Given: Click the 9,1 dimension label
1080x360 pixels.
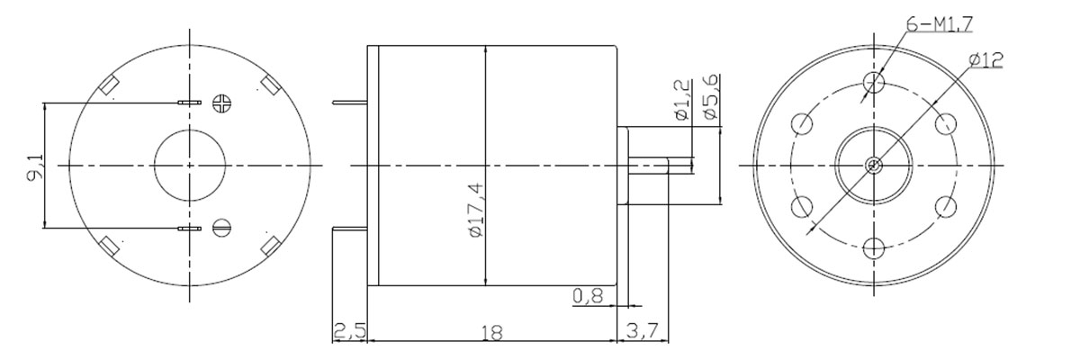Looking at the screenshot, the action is click(x=35, y=166).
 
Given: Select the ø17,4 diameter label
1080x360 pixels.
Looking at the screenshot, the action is click(x=476, y=210).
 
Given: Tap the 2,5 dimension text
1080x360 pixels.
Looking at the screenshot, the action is click(x=349, y=331).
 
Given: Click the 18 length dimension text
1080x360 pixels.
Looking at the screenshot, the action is click(x=491, y=332).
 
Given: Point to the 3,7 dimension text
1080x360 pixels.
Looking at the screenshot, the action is click(x=643, y=331).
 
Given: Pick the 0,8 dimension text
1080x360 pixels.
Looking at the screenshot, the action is click(x=588, y=296).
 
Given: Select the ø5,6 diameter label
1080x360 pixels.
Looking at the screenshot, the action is click(x=710, y=97).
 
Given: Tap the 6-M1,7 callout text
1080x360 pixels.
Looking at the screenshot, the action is click(x=940, y=23).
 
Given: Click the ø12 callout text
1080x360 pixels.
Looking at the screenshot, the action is click(x=985, y=60).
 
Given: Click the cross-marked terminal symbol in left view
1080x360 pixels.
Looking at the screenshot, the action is click(x=222, y=103).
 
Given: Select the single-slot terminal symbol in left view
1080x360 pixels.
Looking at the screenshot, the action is click(x=222, y=226).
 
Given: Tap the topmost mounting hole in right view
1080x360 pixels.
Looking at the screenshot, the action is click(x=874, y=81).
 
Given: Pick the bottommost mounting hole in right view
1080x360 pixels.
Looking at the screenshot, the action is click(x=874, y=248).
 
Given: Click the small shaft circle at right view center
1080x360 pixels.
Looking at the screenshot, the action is click(x=874, y=166).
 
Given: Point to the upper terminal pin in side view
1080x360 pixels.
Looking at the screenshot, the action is click(x=350, y=103).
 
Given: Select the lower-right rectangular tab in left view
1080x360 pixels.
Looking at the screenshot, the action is click(x=271, y=246).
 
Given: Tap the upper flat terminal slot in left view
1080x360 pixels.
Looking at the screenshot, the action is click(x=190, y=103).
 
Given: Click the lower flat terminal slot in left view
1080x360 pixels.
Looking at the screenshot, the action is click(x=190, y=229).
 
